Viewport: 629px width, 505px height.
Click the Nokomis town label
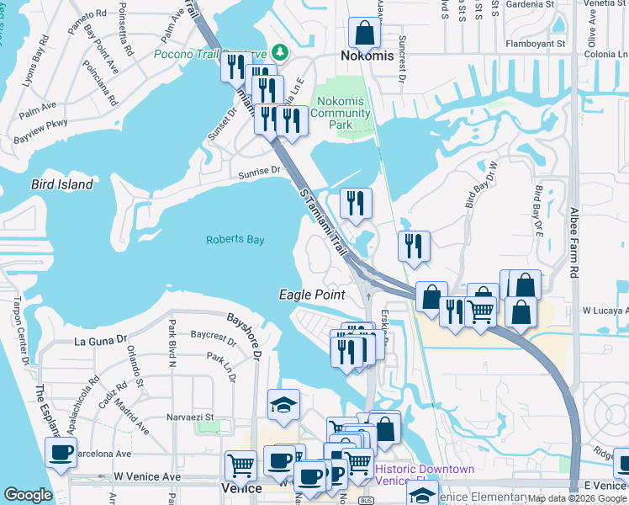[x=367, y=56]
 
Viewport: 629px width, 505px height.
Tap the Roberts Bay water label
[x=235, y=240]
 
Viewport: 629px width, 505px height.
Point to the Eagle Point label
[x=312, y=295]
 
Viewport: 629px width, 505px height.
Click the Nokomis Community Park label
[x=341, y=113]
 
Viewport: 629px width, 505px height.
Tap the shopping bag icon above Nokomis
[x=364, y=34]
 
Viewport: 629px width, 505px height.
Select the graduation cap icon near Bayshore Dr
[x=283, y=406]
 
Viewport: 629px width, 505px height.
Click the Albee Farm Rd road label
[x=574, y=244]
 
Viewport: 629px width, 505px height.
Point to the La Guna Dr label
[x=100, y=342]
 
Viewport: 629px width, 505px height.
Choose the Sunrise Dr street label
[x=259, y=171]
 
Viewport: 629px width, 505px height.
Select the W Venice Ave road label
[x=148, y=476]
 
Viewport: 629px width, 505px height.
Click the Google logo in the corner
[x=28, y=495]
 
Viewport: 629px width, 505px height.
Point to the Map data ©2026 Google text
[x=577, y=499]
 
